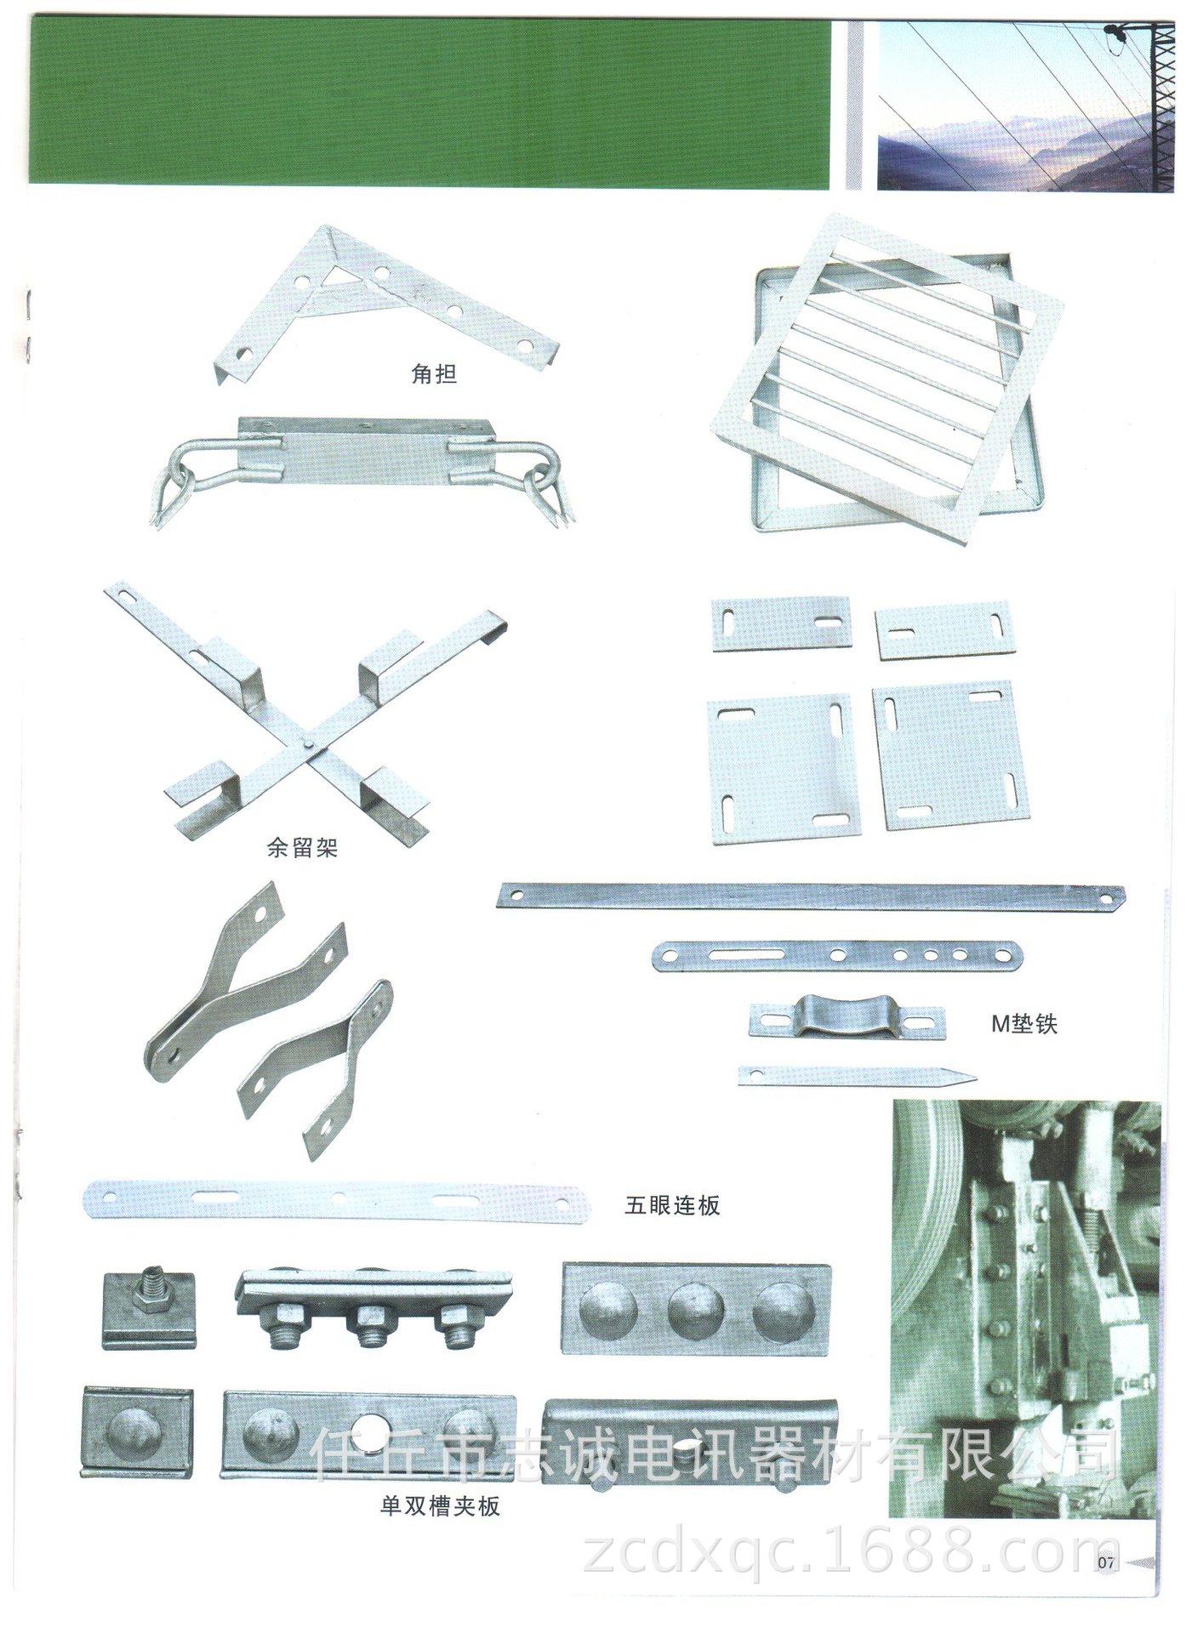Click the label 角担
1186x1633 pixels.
pos(434,373)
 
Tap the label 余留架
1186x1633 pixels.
pos(302,847)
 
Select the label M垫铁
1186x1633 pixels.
pos(1024,1023)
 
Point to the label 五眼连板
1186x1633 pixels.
pos(672,1205)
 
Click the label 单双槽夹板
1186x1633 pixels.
pos(440,1506)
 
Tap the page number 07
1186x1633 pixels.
pos(1105,1562)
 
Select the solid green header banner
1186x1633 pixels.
pos(429,103)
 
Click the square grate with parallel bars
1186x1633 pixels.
pos(887,378)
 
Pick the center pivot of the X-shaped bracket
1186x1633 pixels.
pos(308,743)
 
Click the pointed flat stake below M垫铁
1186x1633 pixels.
pos(857,1076)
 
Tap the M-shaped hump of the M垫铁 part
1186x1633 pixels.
pos(831,1016)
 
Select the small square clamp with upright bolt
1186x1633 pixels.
pos(150,1309)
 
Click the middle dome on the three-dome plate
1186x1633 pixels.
pos(696,1309)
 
